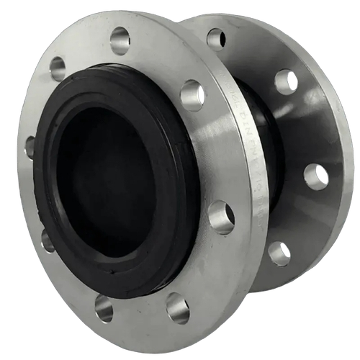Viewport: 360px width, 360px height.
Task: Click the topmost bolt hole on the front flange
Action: tap(120, 40)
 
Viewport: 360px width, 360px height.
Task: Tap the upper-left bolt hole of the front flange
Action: tap(58, 68)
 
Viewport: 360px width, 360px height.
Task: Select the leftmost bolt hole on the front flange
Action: tap(30, 147)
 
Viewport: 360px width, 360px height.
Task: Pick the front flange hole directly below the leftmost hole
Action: tap(48, 240)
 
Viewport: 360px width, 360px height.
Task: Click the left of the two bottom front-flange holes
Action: tap(104, 308)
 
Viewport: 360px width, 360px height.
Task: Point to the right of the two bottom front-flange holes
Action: tap(177, 307)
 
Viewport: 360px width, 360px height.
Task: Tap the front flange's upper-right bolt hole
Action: tap(192, 95)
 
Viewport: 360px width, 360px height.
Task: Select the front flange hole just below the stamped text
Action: tap(221, 217)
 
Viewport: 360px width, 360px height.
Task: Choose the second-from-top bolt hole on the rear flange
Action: tap(286, 81)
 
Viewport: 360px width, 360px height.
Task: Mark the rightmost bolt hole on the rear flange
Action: tap(316, 176)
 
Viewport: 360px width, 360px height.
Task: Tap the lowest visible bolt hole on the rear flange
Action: tap(279, 253)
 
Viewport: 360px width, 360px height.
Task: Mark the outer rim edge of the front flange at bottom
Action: tap(144, 346)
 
